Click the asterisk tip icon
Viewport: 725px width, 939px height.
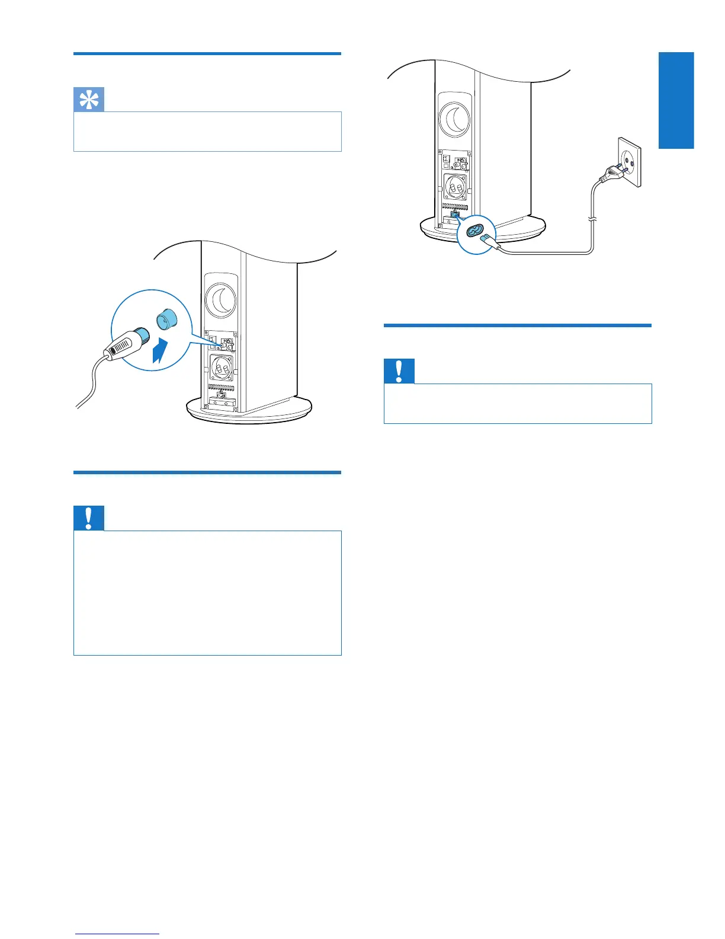tap(89, 100)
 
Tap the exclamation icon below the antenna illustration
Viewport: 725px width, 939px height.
tap(89, 518)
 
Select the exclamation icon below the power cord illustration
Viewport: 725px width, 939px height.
tap(399, 371)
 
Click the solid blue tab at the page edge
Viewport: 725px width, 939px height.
tap(676, 100)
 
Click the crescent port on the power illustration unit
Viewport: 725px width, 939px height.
tap(455, 119)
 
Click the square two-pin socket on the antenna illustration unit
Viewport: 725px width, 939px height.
tap(221, 368)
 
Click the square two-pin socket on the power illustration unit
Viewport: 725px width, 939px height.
tap(455, 186)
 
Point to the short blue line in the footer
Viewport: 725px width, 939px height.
tap(117, 935)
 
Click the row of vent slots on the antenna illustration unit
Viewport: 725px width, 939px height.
tap(221, 387)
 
